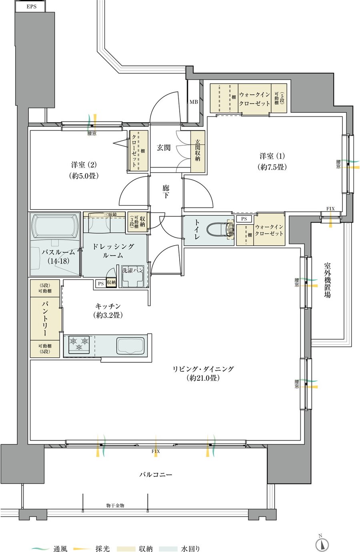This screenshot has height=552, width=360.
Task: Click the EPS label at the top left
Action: pos(32,6)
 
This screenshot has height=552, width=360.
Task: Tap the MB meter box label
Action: pos(194,102)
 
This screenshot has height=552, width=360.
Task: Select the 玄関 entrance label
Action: pos(164,148)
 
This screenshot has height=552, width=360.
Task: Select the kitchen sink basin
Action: pos(130,346)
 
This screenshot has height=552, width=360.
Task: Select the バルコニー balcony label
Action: pos(156,474)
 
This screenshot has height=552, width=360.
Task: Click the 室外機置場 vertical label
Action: pos(327,280)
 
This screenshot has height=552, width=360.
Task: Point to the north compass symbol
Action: pos(322,544)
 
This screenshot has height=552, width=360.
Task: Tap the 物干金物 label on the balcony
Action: pos(115,506)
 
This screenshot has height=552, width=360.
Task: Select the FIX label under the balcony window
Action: pos(156,451)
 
